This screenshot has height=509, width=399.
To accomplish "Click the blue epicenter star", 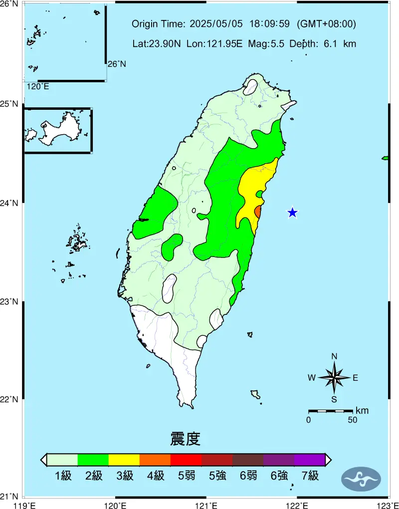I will click(x=292, y=213).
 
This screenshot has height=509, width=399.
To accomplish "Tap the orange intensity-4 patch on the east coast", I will click(x=258, y=212).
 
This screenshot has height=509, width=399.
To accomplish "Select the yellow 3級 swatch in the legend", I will click(x=124, y=460).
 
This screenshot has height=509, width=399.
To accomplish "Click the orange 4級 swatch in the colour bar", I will click(x=155, y=460).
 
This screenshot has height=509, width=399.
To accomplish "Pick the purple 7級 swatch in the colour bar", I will click(x=309, y=460).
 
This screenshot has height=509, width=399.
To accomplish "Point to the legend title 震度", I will click(x=185, y=440).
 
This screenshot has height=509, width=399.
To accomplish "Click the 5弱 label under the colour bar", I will click(x=187, y=476).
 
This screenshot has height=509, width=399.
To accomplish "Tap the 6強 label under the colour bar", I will click(x=279, y=476).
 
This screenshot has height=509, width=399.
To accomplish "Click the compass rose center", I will click(x=334, y=378).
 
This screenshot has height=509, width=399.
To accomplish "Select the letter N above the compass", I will click(x=334, y=356).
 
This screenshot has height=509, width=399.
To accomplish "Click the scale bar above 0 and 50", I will click(x=330, y=411).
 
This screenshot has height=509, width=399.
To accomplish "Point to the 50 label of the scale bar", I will click(x=352, y=420).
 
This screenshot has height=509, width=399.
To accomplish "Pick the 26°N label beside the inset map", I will click(x=117, y=64).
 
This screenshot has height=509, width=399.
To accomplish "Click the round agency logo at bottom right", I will click(x=361, y=479).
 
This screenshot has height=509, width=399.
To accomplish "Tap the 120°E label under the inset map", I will click(x=38, y=87).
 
